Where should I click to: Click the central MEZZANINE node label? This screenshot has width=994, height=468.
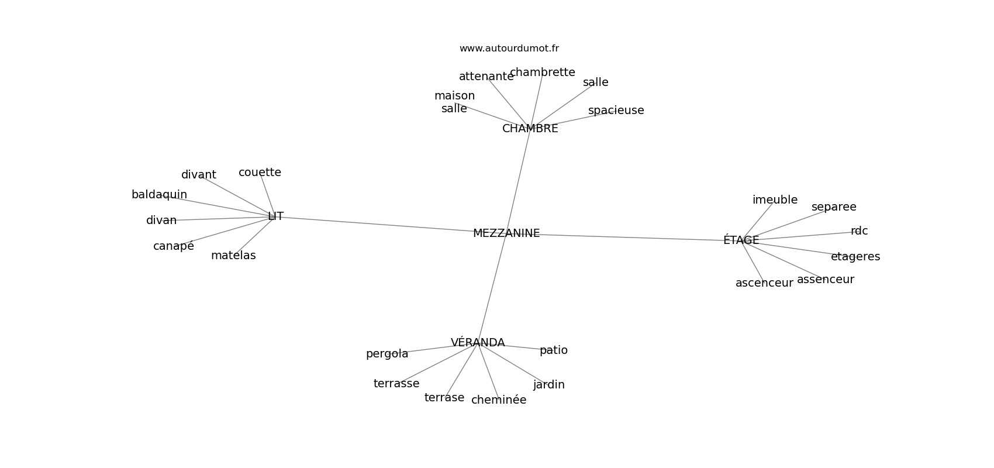coord(506,233)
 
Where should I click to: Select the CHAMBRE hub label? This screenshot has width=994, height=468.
coord(530,129)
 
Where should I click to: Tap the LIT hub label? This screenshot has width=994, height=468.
coord(275,216)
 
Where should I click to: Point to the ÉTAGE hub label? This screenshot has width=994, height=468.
coord(741,240)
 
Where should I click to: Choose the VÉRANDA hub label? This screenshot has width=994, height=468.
coord(478,343)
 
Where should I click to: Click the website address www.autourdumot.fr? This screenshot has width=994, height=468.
coord(509,49)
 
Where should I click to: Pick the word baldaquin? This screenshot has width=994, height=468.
coord(159,195)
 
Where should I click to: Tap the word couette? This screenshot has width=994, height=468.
coord(260,173)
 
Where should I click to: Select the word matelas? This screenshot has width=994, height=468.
coord(233,256)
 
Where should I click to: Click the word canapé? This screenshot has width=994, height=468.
coord(174,246)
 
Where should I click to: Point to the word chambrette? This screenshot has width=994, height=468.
coord(543,73)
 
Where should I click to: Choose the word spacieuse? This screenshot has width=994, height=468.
coord(616,111)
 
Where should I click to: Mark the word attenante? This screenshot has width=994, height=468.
coord(486,77)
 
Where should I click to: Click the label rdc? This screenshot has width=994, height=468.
coord(859,231)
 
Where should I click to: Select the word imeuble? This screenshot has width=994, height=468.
coord(775,200)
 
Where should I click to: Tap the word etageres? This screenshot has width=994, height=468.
coord(855,257)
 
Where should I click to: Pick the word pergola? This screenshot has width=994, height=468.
coord(387,354)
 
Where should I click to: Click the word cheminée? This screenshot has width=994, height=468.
coord(499,400)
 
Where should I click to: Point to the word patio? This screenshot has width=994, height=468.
coord(553,350)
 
